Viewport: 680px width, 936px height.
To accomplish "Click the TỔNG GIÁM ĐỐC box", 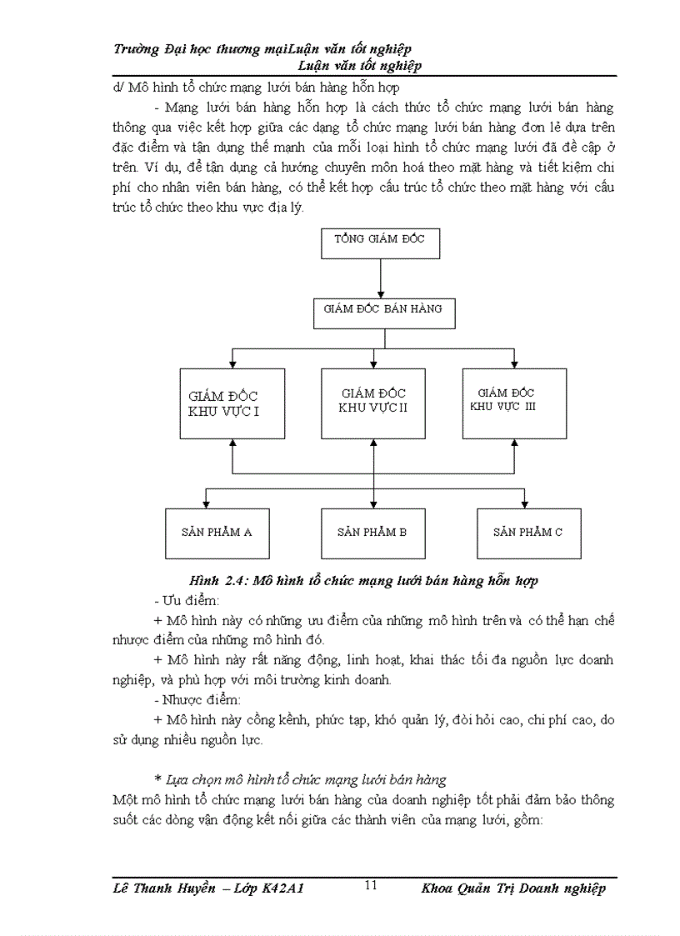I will coord(380,243).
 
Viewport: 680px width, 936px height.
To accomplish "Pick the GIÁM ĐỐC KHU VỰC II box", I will coord(372,403).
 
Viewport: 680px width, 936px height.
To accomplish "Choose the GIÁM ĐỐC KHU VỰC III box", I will coord(514,403).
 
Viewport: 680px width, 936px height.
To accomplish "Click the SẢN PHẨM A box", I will coord(217,533).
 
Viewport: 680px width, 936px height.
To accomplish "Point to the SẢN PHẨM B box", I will coord(372,533).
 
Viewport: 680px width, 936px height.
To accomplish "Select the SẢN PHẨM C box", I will coord(528,533).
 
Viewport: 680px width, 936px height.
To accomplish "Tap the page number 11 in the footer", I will coord(371,885).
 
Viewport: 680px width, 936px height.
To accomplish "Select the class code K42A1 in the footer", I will coord(282,888).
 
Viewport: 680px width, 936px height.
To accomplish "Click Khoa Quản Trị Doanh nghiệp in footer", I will coord(513,888).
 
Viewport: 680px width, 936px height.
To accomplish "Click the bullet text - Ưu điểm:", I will coord(187,601).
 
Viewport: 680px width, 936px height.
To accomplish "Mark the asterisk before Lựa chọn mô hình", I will coord(157,780).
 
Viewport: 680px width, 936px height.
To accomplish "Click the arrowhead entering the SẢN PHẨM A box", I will coord(207,504).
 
